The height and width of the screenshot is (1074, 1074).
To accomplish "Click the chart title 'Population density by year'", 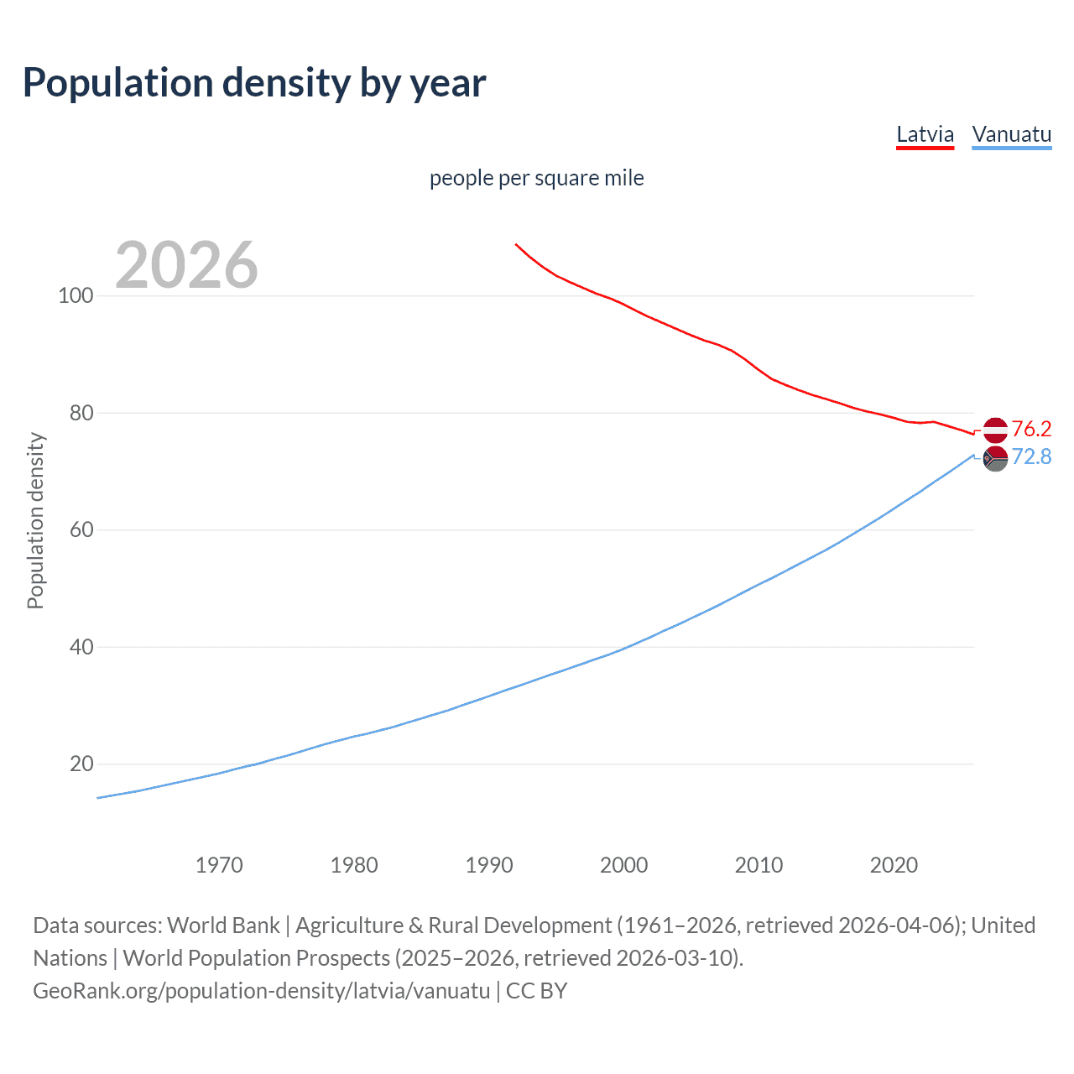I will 254,83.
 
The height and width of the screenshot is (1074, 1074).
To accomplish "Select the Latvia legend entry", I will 925,134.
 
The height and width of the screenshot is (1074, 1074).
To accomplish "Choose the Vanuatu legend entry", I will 1011,134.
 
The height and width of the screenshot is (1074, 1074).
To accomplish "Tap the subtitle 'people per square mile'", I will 536,178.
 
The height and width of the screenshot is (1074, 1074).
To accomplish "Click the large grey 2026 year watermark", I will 186,265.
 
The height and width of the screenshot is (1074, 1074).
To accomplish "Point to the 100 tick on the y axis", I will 76,296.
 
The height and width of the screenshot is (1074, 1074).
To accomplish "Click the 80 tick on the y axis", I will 81,413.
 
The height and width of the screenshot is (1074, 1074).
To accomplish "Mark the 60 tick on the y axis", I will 81,530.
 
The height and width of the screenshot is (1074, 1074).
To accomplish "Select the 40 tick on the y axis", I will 81,647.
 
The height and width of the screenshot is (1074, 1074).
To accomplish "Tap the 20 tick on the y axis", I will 81,764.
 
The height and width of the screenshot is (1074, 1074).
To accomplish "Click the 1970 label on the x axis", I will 219,865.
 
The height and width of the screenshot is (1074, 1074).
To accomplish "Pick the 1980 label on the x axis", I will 354,865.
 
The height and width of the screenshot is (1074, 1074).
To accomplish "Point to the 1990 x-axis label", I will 489,865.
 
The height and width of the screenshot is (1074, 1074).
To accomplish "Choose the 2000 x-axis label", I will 623,865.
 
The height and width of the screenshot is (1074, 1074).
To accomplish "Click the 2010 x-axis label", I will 759,865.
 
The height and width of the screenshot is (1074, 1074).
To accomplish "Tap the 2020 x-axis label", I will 894,865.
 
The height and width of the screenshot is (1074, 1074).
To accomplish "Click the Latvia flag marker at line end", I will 995,430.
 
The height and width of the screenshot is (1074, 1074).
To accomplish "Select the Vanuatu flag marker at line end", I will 995,459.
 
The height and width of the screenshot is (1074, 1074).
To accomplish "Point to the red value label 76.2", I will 1031,430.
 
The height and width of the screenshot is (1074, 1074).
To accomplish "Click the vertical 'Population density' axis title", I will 35,520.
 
